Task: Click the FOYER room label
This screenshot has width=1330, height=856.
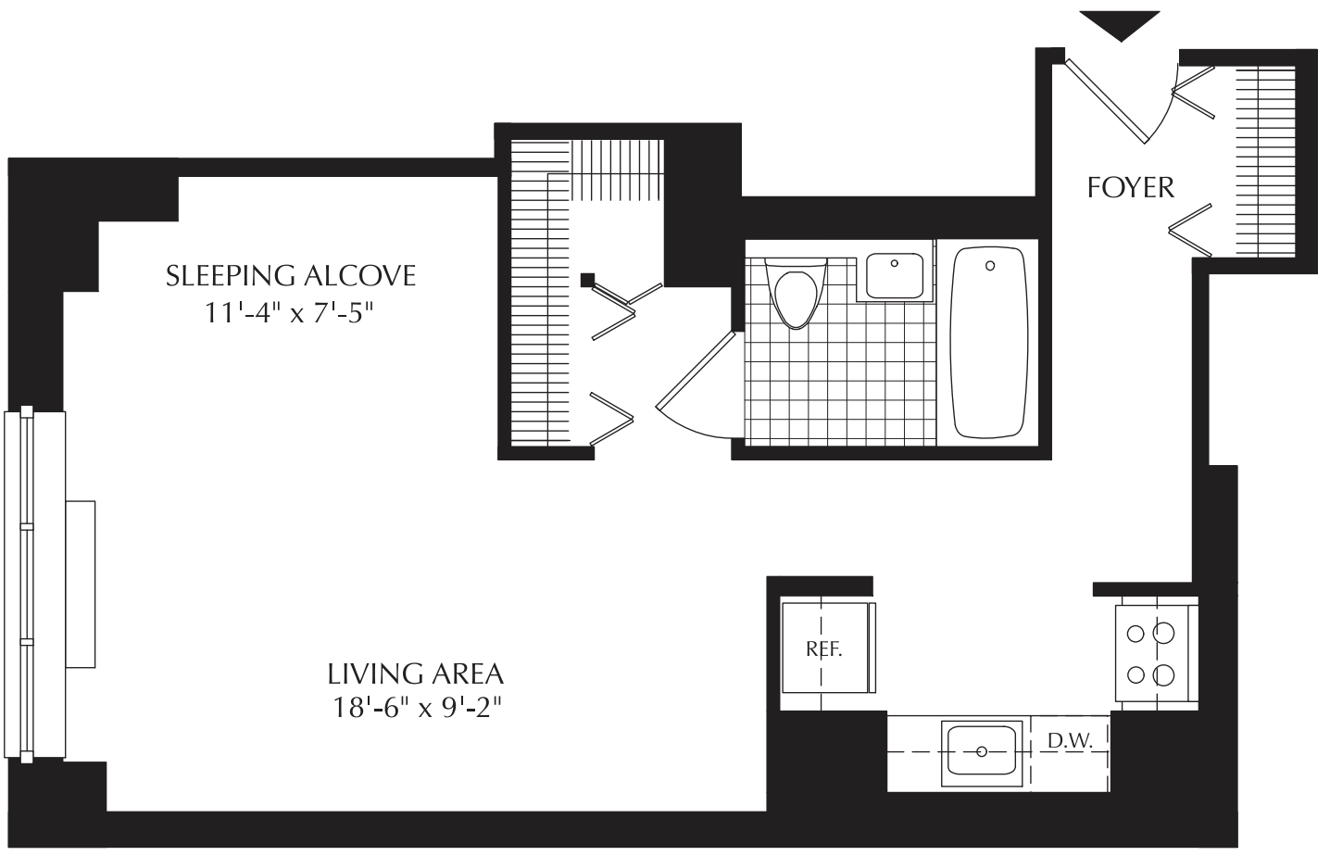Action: tap(1131, 188)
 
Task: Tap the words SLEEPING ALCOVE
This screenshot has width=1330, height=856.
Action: tap(290, 276)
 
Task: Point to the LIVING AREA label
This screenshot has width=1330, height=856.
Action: tap(416, 673)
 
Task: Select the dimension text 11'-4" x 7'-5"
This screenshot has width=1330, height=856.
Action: tap(289, 312)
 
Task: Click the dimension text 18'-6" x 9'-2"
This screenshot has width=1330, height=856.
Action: tap(417, 708)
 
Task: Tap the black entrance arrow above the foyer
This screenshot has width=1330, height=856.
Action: tap(1120, 24)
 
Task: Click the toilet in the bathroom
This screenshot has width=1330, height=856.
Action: tap(796, 293)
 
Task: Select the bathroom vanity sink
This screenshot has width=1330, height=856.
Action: tap(894, 276)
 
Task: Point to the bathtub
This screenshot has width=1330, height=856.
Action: tap(989, 342)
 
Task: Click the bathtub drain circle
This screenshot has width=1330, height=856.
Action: tap(990, 266)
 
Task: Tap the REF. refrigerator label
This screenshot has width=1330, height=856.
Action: tap(824, 649)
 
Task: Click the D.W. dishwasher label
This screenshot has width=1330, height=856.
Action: tap(1070, 741)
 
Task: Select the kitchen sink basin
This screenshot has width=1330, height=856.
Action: tap(982, 749)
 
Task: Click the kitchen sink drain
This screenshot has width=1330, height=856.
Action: tap(982, 752)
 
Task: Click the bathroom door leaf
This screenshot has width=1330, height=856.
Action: tap(696, 371)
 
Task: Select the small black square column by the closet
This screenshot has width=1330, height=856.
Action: tap(588, 280)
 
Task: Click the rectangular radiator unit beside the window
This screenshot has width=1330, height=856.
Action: tap(81, 585)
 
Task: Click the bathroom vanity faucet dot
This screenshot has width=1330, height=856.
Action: tap(894, 263)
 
